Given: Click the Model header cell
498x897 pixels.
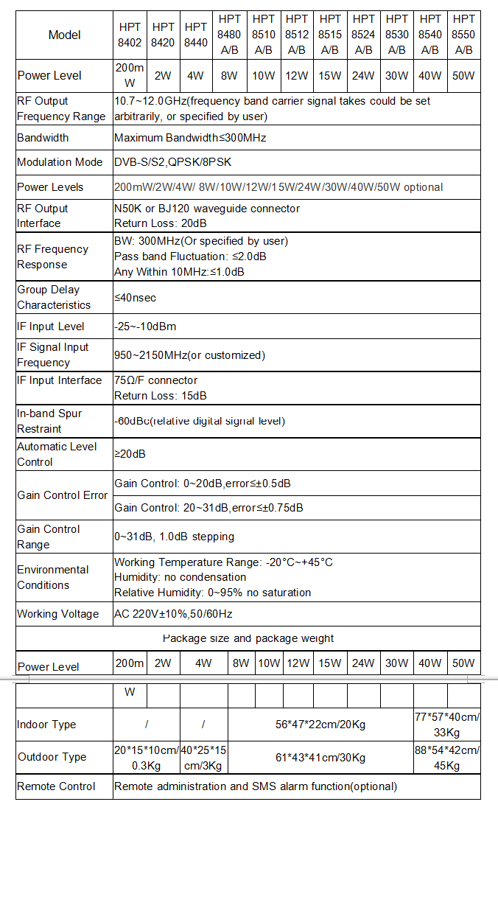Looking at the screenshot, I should [64, 35].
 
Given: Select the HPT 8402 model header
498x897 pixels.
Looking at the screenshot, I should [130, 35].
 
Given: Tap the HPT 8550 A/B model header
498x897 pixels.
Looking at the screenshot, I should [463, 35].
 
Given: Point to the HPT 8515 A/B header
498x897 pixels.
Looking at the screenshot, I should [330, 35].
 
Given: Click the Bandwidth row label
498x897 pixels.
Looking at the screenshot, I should [43, 138].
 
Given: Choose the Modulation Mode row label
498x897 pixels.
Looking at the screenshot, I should [60, 162].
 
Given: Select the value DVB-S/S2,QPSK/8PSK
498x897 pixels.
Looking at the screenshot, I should [172, 162].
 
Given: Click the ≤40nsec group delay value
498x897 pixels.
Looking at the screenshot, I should [135, 298].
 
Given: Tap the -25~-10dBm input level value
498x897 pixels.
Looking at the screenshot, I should [145, 327].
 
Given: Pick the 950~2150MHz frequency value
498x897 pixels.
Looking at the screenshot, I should [189, 355].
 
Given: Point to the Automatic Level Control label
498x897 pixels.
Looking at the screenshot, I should [57, 454].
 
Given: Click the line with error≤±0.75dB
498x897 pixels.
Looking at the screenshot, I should [208, 508].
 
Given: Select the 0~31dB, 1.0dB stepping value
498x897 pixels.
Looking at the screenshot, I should [174, 537].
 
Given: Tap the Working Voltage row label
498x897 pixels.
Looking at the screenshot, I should [57, 614].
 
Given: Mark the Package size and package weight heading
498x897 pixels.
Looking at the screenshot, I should [248, 638].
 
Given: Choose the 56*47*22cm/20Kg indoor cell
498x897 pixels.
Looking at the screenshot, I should [320, 725].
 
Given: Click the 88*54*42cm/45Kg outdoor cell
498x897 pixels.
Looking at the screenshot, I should [446, 758].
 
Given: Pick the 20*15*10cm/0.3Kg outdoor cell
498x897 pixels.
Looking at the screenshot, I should [146, 758].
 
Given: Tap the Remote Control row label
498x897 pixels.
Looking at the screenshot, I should [56, 786].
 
